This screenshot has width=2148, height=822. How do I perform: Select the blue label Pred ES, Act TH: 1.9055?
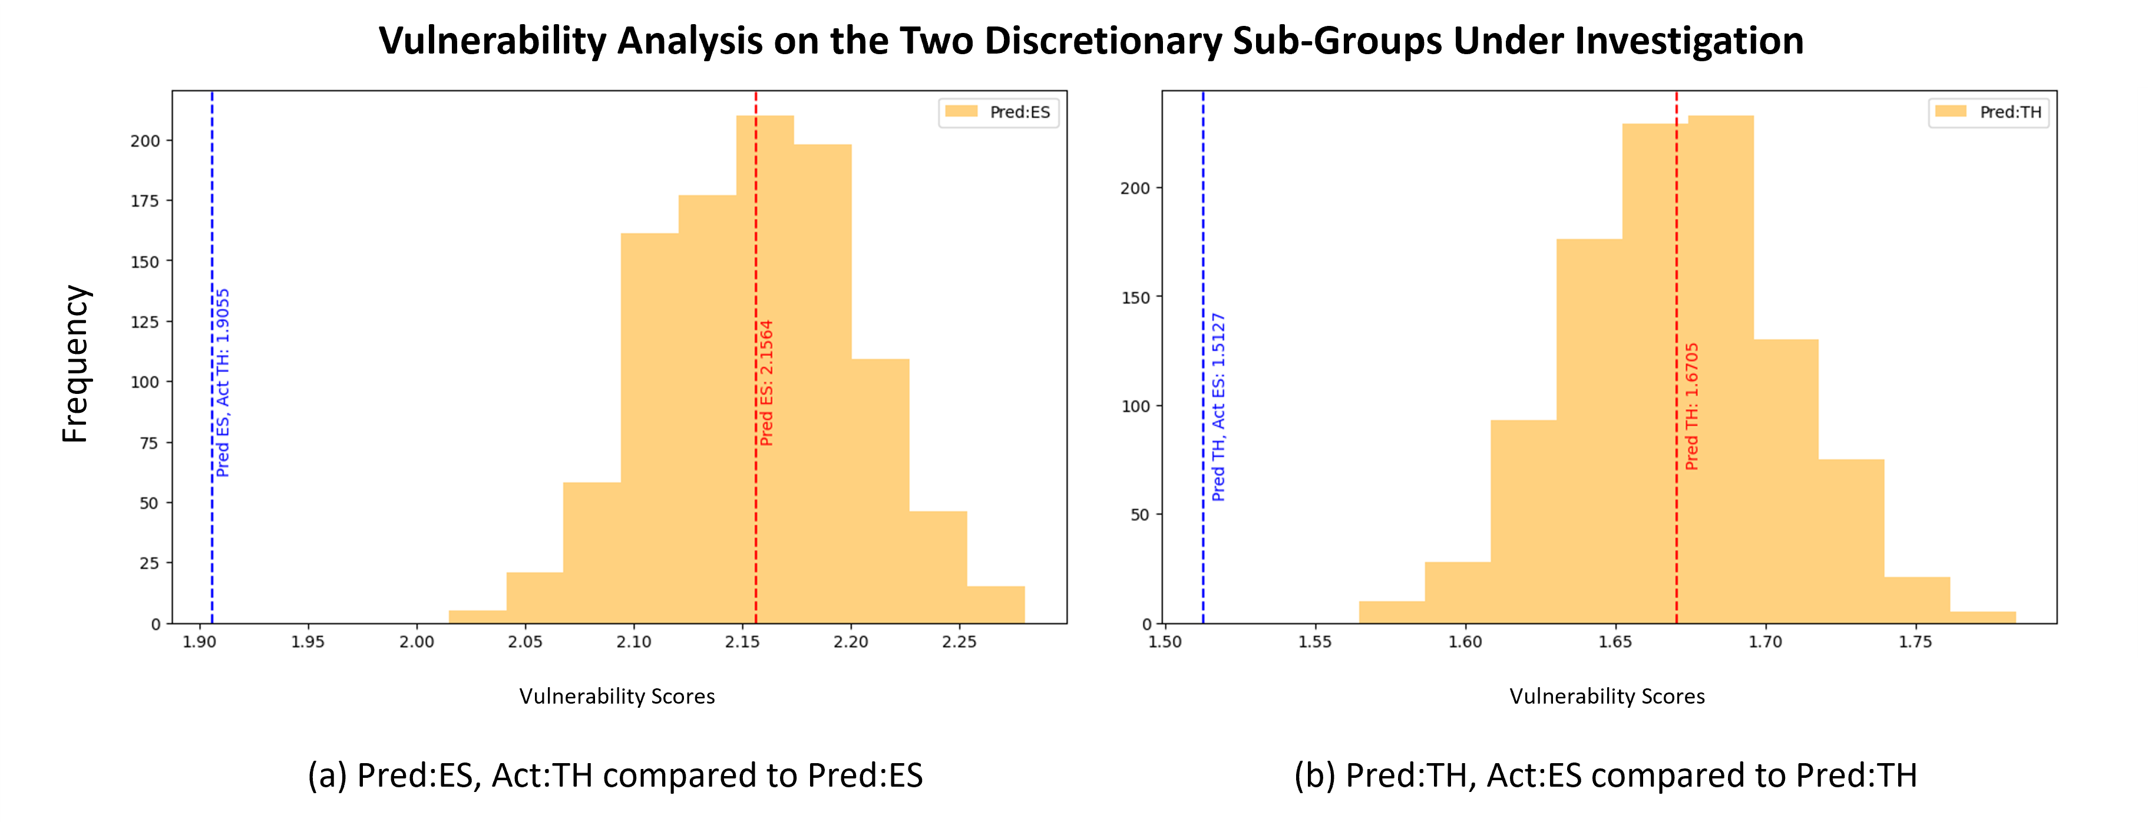coord(223,383)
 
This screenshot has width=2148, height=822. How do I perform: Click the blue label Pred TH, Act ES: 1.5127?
coord(1218,407)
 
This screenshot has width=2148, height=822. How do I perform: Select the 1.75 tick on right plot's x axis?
coord(1915,642)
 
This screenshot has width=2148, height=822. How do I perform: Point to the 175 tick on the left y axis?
coord(144,201)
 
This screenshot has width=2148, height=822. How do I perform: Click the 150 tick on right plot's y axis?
coord(1135,297)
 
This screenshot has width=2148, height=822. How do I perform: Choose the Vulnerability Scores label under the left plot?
coord(617,696)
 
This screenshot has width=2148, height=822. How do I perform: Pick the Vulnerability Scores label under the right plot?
coord(1607,696)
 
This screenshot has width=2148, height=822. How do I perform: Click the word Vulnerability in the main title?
coord(492,41)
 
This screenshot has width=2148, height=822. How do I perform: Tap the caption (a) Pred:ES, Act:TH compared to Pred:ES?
coord(616,775)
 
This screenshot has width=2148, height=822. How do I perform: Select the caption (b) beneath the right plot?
coord(1605,775)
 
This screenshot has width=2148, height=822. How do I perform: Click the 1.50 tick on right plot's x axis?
coord(1165,642)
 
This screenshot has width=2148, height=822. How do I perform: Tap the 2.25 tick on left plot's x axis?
coord(959,642)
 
